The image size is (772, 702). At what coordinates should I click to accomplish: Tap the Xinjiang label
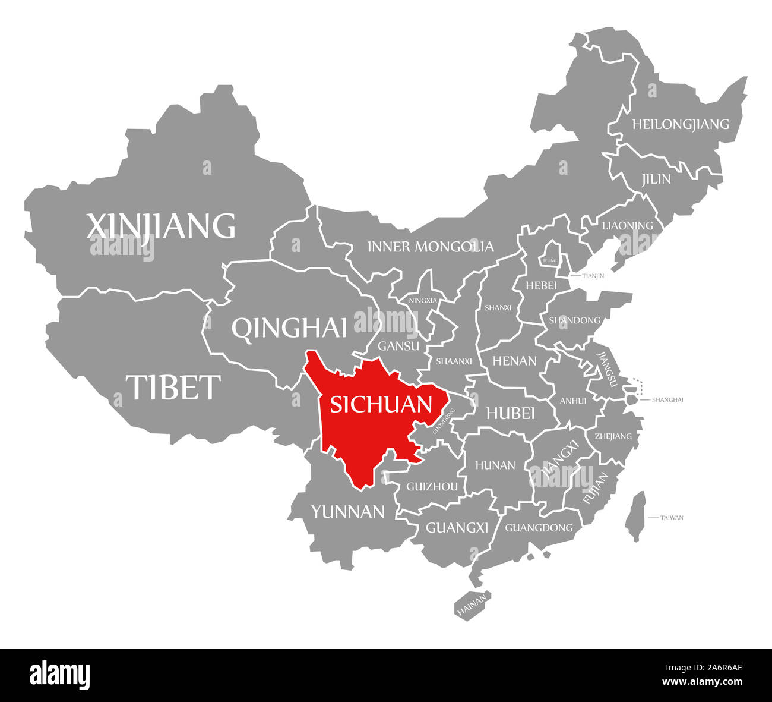[x=161, y=226]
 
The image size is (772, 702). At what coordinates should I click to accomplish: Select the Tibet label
[x=173, y=387]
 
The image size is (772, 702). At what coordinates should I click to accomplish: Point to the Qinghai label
[x=289, y=328]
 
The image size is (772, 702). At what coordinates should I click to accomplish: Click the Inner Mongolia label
[x=431, y=246]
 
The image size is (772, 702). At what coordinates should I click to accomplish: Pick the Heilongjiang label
[x=680, y=124]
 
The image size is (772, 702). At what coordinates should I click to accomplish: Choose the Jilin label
[x=656, y=179]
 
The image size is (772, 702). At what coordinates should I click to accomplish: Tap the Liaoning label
[x=627, y=225]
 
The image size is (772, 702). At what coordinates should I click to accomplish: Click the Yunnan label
[x=348, y=511]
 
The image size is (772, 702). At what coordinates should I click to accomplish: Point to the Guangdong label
[x=539, y=527]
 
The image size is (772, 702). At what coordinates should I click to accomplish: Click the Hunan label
[x=495, y=465]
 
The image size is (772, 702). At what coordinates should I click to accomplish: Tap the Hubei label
[x=511, y=413]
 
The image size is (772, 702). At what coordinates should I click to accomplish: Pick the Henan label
[x=514, y=361]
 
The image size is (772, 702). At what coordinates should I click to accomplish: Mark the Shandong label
[x=574, y=320]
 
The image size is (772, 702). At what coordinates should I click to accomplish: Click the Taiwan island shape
[x=635, y=515]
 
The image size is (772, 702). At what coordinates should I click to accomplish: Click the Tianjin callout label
[x=593, y=276]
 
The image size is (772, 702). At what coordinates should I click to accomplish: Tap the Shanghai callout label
[x=667, y=399]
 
